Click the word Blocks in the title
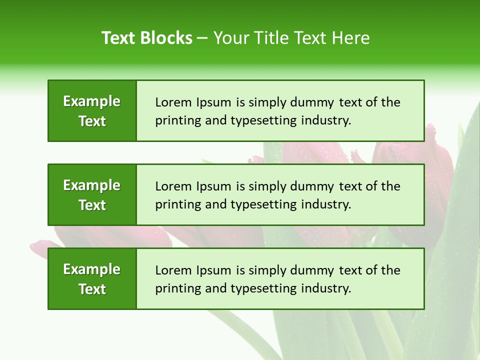point(167,38)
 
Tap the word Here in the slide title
point(351,38)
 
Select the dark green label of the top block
point(92,110)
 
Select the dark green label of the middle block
point(92,194)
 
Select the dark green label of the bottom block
point(92,278)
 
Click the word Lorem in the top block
point(170,102)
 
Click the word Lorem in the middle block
point(170,186)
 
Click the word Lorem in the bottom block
point(170,270)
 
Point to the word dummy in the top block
point(315,102)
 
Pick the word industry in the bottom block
point(326,288)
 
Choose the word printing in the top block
point(173,120)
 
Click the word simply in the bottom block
point(267,270)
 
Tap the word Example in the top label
point(92,101)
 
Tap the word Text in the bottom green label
point(92,289)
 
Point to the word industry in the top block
point(326,120)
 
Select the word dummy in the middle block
point(315,186)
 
